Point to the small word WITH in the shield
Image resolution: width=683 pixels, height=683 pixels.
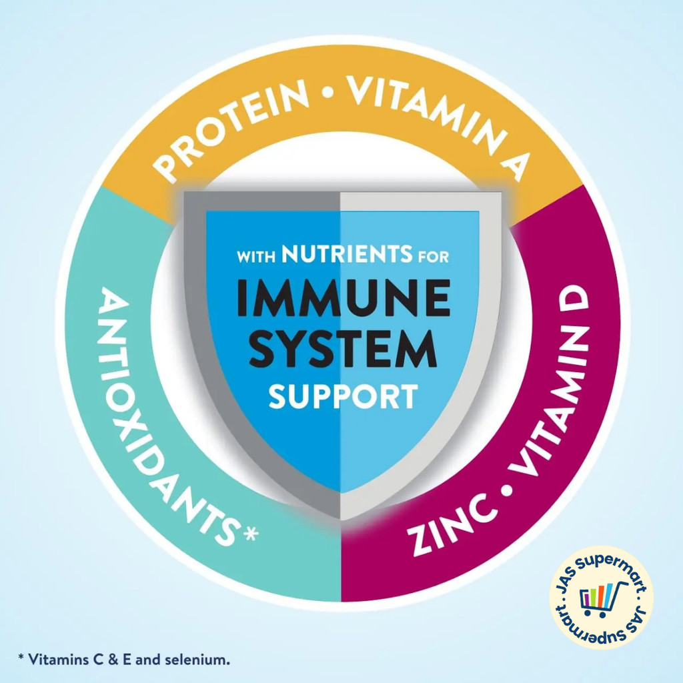click(x=257, y=256)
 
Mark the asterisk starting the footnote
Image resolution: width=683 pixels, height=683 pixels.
click(x=21, y=658)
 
